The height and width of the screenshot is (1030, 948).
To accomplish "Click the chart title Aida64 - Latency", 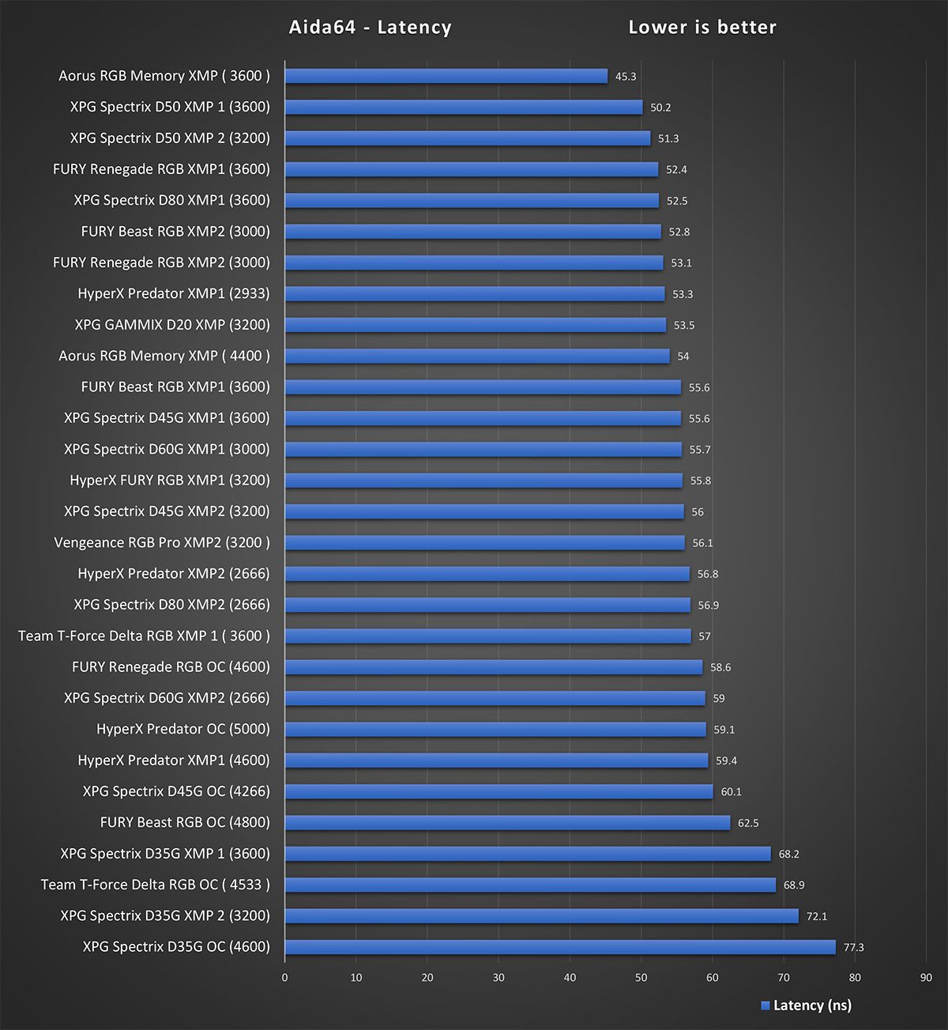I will [x=370, y=28].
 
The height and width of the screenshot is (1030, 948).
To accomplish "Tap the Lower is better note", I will [x=702, y=28].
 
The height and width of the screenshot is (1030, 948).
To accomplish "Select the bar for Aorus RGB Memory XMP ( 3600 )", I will [x=446, y=76].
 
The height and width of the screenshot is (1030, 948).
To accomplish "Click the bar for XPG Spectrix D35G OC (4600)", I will [x=560, y=947].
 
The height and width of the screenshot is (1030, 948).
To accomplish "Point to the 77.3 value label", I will [x=854, y=947].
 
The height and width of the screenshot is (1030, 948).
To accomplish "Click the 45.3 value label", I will [x=626, y=77].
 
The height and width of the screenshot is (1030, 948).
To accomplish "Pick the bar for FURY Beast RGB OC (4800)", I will [x=507, y=823].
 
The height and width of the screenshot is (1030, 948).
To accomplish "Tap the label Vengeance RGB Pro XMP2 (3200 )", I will [x=162, y=542].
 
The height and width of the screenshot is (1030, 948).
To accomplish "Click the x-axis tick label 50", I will [x=641, y=978].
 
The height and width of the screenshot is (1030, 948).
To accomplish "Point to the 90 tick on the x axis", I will [x=926, y=978].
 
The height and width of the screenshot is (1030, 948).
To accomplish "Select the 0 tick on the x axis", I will [x=285, y=978].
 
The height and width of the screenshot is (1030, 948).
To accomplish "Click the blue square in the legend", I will [x=765, y=1005].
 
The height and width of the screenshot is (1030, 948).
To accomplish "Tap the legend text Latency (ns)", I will [x=812, y=1005].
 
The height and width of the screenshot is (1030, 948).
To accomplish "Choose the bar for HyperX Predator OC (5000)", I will [x=495, y=730].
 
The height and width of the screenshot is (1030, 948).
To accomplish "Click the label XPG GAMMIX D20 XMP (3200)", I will [x=172, y=325].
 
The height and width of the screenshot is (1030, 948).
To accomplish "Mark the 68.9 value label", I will [x=794, y=885].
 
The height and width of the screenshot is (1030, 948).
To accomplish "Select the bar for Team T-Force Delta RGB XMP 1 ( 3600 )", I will [x=488, y=636].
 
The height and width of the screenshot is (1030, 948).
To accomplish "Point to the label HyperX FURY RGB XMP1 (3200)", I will [x=170, y=480].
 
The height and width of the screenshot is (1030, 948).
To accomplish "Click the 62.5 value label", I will [x=748, y=823].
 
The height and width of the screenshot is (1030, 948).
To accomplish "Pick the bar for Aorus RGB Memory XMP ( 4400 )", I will [x=477, y=357].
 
